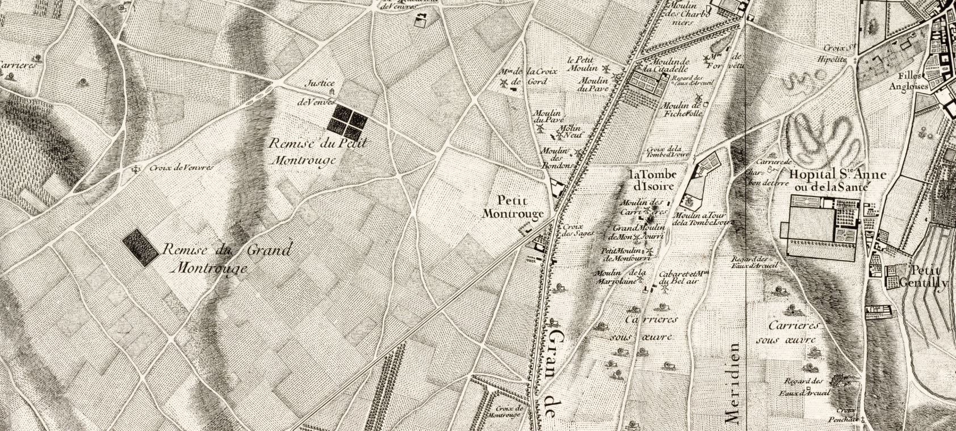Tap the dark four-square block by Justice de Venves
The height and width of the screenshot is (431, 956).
tap(347, 122)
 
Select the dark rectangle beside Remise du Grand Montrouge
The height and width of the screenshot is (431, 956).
tap(141, 248)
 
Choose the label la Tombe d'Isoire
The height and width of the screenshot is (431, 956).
tap(652, 180)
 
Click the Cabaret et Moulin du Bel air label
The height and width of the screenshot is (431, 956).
tap(681, 277)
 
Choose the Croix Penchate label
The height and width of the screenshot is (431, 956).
tap(845, 415)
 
